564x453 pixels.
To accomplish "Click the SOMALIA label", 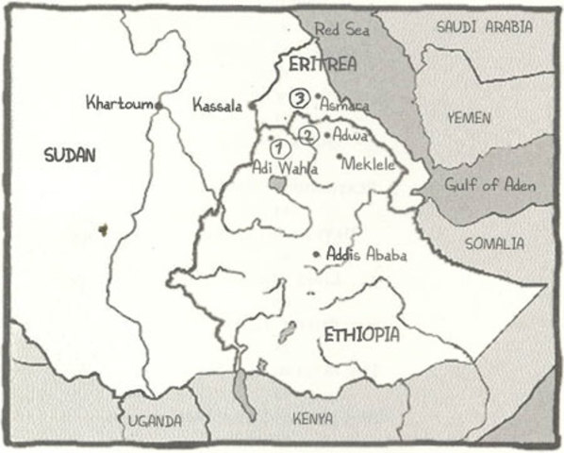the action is coord(495,243).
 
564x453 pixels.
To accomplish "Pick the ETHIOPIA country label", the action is coord(361,335).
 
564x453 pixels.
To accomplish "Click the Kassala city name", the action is coord(219,104).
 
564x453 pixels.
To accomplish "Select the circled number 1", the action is coord(278,148).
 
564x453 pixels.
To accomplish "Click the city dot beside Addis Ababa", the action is coord(316,254).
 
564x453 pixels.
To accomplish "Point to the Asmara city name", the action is coord(345,105).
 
